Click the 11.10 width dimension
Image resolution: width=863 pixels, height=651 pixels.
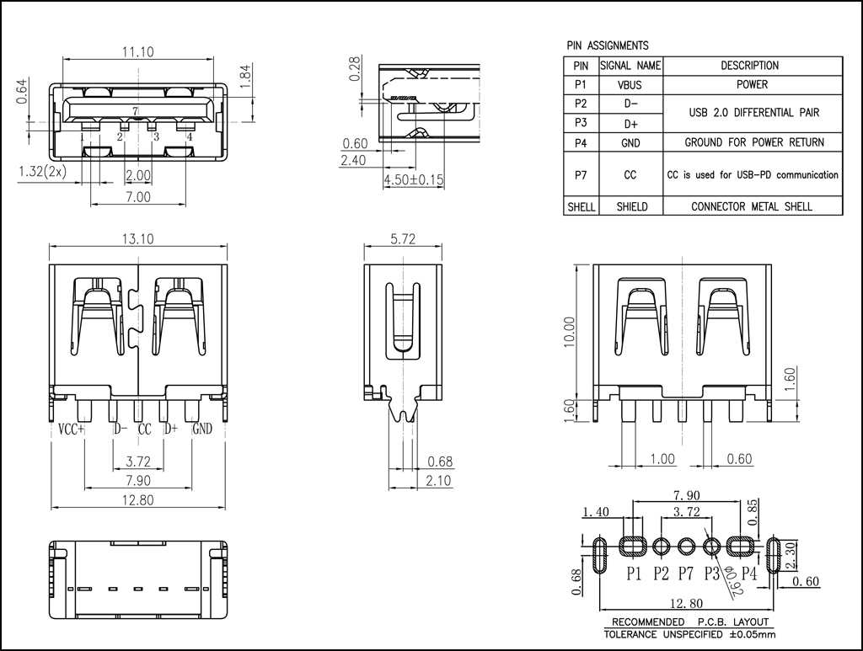click(x=137, y=51)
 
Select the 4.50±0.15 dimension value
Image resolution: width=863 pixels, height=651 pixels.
click(x=413, y=180)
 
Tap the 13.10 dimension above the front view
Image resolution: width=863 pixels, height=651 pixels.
click(x=137, y=238)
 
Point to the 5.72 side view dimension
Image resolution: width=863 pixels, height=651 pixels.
click(x=403, y=238)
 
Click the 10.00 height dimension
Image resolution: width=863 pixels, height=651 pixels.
click(x=570, y=332)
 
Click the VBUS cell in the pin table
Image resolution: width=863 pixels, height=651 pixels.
click(x=630, y=85)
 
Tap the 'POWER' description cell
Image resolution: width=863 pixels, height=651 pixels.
click(x=752, y=85)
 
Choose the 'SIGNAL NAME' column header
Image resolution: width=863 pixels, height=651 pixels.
click(x=630, y=66)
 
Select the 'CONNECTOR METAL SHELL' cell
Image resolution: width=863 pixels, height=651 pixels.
click(x=752, y=206)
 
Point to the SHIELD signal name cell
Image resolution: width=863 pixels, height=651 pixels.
click(x=630, y=206)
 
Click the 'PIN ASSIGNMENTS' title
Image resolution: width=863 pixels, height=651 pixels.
click(x=607, y=45)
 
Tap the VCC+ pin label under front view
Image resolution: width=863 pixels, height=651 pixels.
click(x=71, y=429)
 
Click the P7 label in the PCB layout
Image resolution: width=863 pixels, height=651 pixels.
click(x=686, y=574)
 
